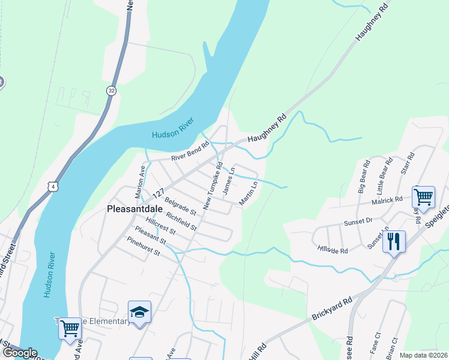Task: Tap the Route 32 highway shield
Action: coord(111,91)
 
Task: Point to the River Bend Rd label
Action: coord(190,151)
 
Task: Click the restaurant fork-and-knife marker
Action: coord(394,242)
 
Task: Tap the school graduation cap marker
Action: coord(139,312)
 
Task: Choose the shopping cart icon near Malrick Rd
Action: coord(423,197)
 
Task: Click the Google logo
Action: coord(20,353)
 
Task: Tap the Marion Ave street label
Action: coord(140,181)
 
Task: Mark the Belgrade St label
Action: coord(180,208)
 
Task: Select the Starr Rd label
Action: coord(410,164)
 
